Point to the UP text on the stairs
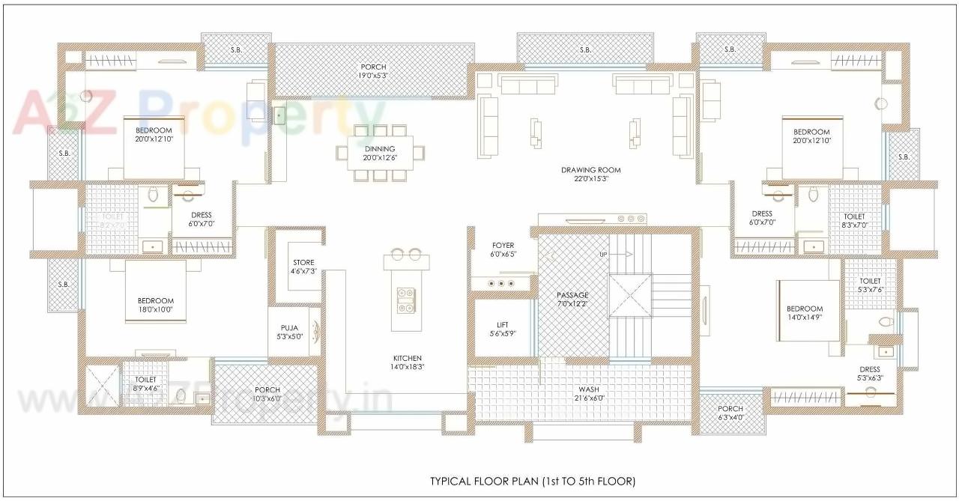[x=603, y=255]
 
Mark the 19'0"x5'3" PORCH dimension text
[x=373, y=76]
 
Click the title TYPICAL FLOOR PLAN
[x=532, y=480]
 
